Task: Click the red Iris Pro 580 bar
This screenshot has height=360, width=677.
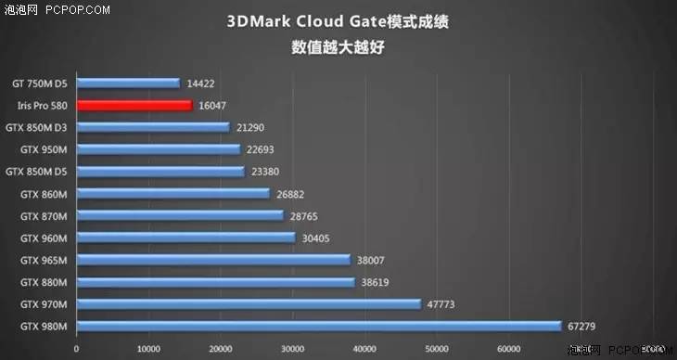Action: tap(134, 106)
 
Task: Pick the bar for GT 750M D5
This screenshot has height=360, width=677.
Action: tap(128, 84)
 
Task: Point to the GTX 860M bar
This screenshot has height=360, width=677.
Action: tap(172, 194)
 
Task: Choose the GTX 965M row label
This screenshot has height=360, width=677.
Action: tap(43, 260)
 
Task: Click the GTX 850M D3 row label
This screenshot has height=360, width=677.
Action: tap(36, 128)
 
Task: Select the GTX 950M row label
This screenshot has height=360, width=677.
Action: tap(43, 149)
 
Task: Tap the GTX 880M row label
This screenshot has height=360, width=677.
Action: tap(43, 281)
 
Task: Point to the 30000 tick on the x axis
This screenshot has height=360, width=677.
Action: tap(292, 349)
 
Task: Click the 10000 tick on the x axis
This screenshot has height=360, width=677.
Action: tap(148, 349)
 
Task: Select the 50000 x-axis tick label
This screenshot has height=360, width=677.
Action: tap(436, 349)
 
